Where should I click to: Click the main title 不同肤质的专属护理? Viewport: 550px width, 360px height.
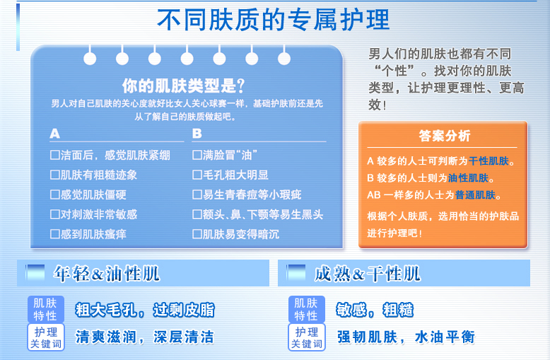[x=273, y=20]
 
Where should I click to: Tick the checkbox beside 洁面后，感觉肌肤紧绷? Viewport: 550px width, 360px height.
[x=54, y=155]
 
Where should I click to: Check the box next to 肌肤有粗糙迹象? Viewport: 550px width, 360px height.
[x=54, y=175]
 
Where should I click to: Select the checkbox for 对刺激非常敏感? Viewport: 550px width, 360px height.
[x=54, y=214]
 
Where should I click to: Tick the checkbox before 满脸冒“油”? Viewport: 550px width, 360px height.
[x=197, y=155]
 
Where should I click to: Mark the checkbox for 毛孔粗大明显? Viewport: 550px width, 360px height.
[x=197, y=175]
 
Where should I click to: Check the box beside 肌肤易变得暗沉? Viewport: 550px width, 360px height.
[x=197, y=233]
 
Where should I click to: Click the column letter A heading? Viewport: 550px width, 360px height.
[x=54, y=134]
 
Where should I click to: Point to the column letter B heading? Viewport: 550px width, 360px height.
[x=197, y=134]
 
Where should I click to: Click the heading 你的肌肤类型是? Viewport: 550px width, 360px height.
[x=183, y=86]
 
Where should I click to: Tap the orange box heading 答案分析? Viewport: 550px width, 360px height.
[x=444, y=135]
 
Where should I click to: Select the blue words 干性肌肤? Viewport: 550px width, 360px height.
[x=488, y=161]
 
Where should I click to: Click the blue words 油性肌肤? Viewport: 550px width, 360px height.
[x=468, y=178]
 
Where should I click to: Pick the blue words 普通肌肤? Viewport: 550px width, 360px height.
[x=475, y=194]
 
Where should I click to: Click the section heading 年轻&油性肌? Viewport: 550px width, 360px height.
[x=106, y=274]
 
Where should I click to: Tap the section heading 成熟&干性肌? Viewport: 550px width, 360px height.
[x=367, y=274]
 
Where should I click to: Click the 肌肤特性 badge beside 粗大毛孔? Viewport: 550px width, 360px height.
[x=46, y=309]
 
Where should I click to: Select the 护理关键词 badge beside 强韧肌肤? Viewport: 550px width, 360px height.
[x=307, y=337]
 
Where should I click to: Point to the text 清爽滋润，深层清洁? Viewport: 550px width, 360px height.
[x=144, y=337]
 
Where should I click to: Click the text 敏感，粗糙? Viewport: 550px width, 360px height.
[x=375, y=310]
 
